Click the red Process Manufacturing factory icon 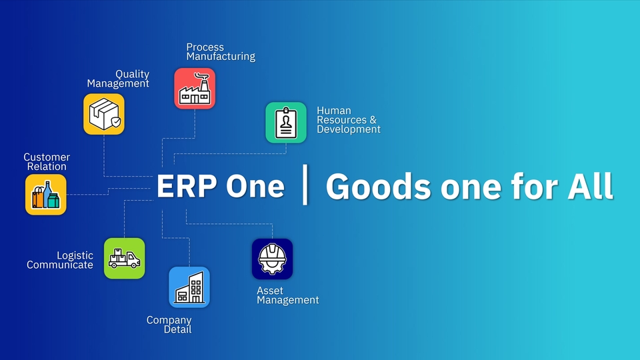pos(195,89)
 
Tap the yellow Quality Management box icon pos(104,114)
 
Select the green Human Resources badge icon pos(286,123)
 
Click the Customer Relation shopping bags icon pos(46,195)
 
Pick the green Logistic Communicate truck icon pos(124,258)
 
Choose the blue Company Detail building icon pos(189,287)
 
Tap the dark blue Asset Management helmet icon pos(272,259)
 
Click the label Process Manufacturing pos(220,52)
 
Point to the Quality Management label pos(119,79)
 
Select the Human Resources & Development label pos(348,120)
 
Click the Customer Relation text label pos(47,162)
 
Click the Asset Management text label pos(287,295)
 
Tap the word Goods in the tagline pos(378,188)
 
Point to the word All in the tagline pos(589,187)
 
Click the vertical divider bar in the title pos(305,187)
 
